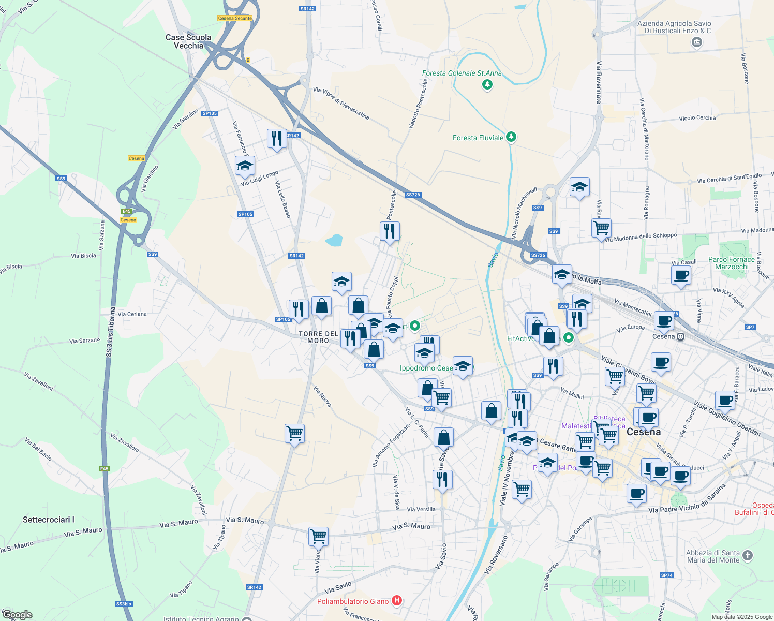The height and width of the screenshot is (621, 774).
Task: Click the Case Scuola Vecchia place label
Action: point(188,41)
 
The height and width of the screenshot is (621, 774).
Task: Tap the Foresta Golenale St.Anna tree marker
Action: point(487,84)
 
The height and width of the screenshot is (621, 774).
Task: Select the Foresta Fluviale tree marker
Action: point(511,137)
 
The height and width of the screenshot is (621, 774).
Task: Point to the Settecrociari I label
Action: point(49,520)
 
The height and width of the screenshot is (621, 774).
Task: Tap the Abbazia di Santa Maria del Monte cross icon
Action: point(747,556)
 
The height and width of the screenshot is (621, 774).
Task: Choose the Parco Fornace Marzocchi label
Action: point(732,263)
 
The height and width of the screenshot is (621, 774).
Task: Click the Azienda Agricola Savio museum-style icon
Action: point(696,42)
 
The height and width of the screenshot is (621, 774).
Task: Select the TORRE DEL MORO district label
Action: point(318,337)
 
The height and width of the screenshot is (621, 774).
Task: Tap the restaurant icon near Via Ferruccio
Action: point(277,138)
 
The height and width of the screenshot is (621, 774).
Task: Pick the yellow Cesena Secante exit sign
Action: point(235,18)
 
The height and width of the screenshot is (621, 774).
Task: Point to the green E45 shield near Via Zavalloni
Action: point(105,469)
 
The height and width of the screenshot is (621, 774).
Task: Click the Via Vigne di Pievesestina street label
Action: point(341,103)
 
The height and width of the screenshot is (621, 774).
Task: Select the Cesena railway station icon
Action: point(680,336)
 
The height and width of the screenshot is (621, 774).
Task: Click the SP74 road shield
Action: point(667,575)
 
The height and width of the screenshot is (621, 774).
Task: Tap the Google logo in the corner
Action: point(17,615)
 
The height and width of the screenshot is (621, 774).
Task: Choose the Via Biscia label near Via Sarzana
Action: point(83,256)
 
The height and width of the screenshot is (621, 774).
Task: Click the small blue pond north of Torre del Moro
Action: point(334,240)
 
